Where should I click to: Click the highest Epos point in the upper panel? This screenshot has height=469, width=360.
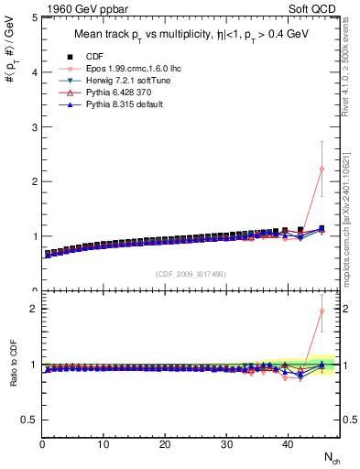coord(321,169)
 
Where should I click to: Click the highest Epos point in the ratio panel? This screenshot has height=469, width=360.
coord(321,311)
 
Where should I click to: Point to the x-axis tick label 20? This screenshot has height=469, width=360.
coord(165,445)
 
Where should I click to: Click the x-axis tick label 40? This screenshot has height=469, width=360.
coord(287,445)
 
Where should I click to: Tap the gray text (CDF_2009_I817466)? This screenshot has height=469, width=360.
coord(191,273)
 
